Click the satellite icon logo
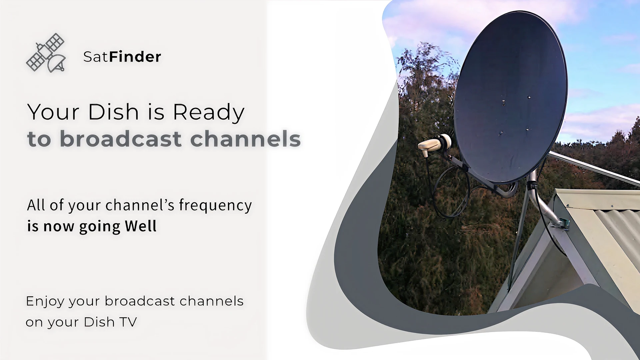point(46,53)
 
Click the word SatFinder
point(122,57)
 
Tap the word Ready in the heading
point(209,112)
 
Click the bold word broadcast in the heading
point(121,139)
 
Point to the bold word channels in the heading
point(246,139)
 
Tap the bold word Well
point(141,226)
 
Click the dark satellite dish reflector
point(510,97)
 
